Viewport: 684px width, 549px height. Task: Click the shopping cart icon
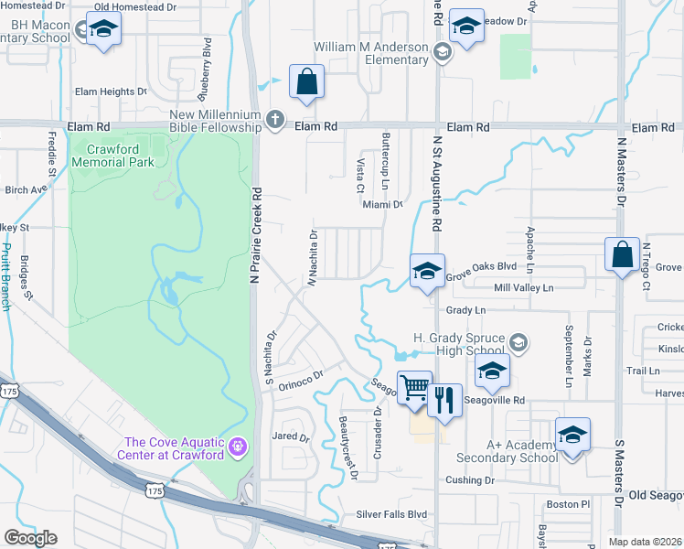tap(414, 387)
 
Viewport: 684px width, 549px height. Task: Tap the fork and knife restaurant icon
tap(445, 399)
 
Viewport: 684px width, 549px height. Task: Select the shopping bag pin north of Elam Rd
tap(306, 81)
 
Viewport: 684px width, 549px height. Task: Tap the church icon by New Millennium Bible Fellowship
tap(273, 118)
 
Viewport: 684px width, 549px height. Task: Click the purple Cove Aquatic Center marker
tap(238, 447)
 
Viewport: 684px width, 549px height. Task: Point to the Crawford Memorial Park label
tap(120, 155)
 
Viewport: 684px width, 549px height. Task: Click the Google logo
tap(30, 537)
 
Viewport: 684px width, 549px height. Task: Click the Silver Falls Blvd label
tap(392, 514)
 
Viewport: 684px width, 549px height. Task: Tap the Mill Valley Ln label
tap(524, 288)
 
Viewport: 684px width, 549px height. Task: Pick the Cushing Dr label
tap(470, 479)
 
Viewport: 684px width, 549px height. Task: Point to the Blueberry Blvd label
tap(208, 69)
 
